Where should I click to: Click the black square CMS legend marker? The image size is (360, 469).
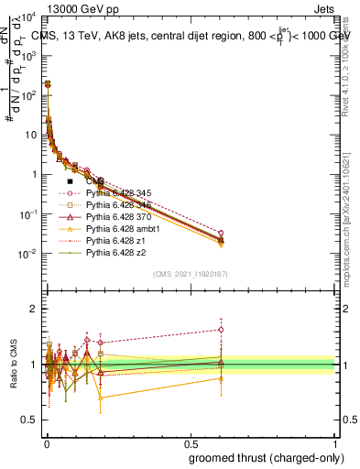[x=70, y=181]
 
